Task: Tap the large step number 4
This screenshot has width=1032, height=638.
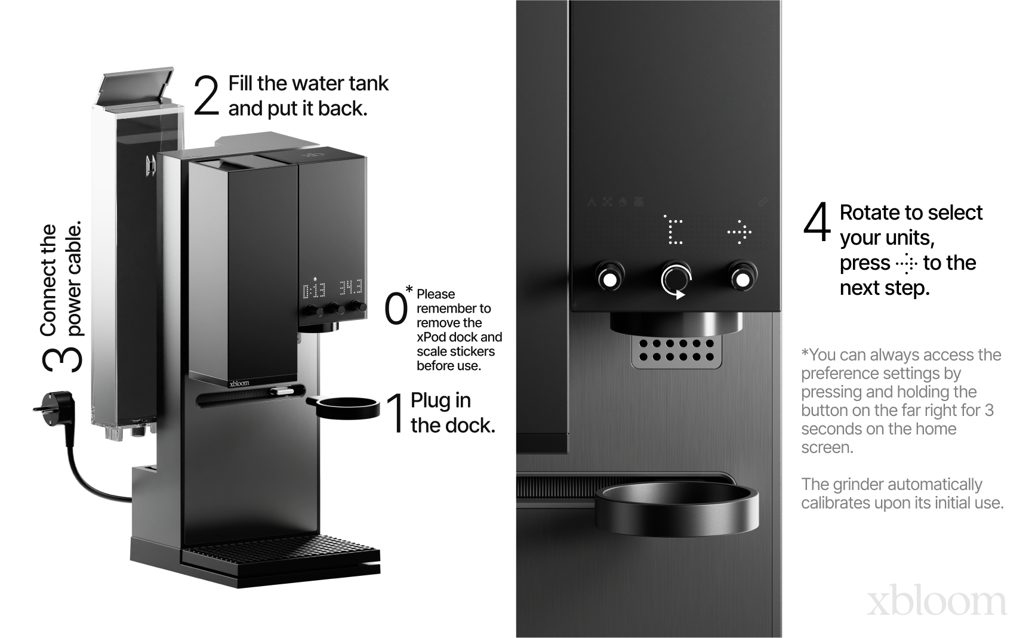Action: pos(817,221)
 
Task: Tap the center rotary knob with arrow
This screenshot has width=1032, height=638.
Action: pos(676,279)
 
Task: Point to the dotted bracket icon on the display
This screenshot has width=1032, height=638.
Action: pos(673,230)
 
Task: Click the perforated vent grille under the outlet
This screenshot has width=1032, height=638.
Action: pos(676,351)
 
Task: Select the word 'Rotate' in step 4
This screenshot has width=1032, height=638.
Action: pos(871,212)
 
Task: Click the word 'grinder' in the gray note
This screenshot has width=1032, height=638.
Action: pos(861,485)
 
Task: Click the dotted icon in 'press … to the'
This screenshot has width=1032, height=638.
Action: pos(907,263)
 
